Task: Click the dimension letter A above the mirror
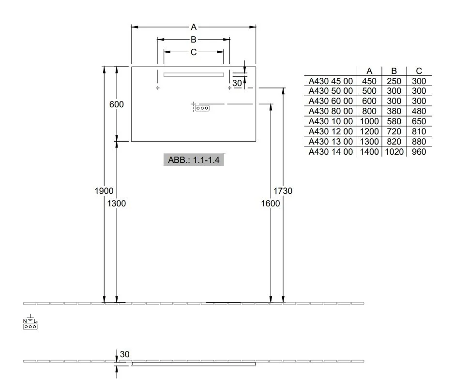(x=194, y=27)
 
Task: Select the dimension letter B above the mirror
(x=194, y=40)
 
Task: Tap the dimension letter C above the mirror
(x=194, y=52)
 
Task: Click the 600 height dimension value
(x=116, y=104)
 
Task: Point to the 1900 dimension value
(x=104, y=191)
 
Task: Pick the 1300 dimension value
(x=116, y=203)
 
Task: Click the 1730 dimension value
(x=283, y=191)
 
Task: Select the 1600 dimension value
(x=271, y=203)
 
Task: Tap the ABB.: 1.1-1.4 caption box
(x=194, y=160)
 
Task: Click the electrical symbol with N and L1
(x=30, y=322)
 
